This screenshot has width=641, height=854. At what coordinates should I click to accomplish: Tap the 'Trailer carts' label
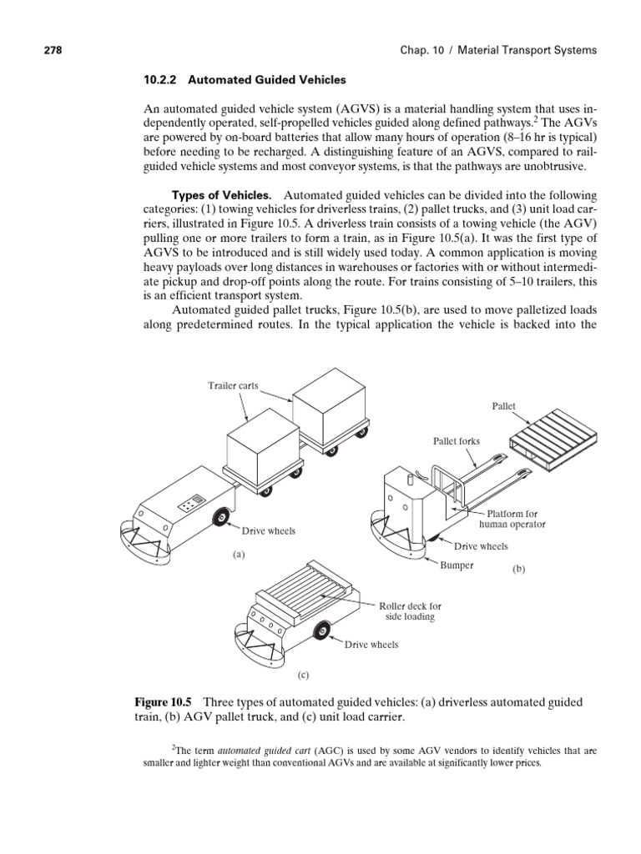point(233,385)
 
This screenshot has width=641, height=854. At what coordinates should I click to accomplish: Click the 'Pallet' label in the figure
point(503,406)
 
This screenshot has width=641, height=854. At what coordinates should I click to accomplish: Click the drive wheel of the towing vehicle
point(222,518)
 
